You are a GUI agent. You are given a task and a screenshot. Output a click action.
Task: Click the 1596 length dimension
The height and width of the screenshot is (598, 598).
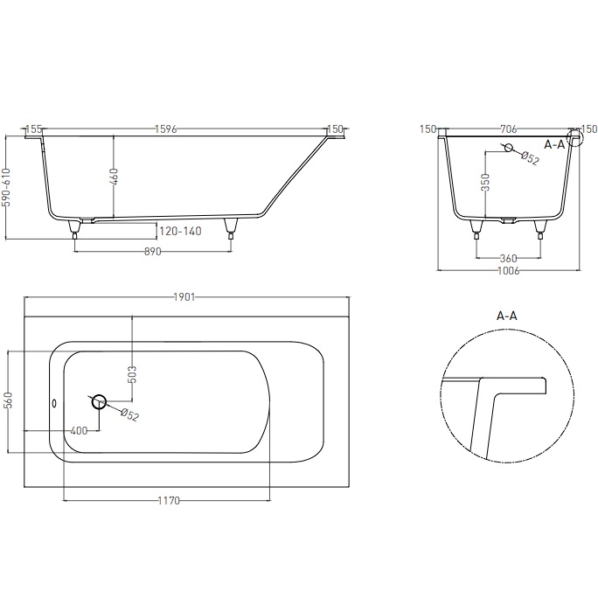tap(166, 129)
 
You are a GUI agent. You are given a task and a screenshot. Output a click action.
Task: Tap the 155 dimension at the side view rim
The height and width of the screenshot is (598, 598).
tap(33, 129)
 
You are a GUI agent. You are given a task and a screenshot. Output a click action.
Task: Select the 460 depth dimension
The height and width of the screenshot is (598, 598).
tap(114, 177)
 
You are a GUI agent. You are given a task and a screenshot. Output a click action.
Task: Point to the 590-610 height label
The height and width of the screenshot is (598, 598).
tap(7, 187)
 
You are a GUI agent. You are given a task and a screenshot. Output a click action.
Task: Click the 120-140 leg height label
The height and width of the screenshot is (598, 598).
tap(180, 231)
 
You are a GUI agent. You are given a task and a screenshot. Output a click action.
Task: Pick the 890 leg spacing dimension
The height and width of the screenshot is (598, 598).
tap(152, 252)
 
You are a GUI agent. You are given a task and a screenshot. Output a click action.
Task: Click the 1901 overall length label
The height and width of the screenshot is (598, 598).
tap(184, 297)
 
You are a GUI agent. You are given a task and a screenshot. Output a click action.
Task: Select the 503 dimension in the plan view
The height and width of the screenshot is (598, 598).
tap(132, 374)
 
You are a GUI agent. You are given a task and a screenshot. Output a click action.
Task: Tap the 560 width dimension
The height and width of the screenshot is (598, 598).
tap(10, 400)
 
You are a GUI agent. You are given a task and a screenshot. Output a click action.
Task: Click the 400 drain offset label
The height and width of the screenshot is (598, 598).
tap(80, 431)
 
